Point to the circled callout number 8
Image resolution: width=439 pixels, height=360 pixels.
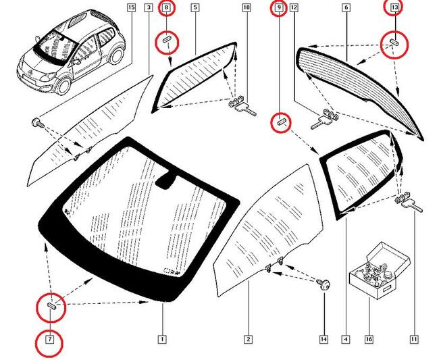click(x=166, y=8)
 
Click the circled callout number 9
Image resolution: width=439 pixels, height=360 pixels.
click(x=278, y=8)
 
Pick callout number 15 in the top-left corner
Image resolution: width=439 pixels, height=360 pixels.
click(x=131, y=8)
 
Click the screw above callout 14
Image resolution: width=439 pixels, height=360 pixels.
click(x=325, y=285)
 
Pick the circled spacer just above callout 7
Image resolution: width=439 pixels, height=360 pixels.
click(x=51, y=307)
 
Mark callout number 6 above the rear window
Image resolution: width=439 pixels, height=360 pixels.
click(x=346, y=8)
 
